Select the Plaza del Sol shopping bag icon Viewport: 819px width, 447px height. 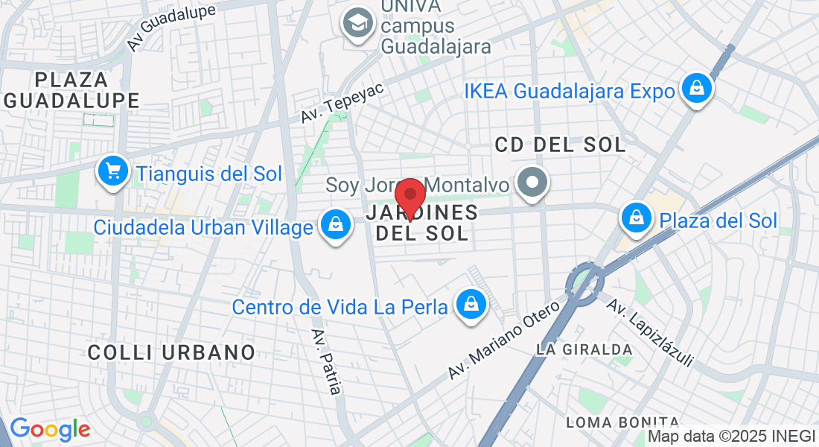(x=637, y=218)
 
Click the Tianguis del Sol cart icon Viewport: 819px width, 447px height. (x=113, y=173)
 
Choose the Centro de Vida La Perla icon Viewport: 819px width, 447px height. (x=471, y=304)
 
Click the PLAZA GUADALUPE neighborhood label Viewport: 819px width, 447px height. (x=71, y=89)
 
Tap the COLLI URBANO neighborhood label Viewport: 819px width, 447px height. (x=171, y=352)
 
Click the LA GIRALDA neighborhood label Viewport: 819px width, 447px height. (x=584, y=349)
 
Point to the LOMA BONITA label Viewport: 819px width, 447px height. (x=622, y=422)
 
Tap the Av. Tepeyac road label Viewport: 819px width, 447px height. (x=342, y=103)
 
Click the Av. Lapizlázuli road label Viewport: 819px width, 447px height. (x=650, y=332)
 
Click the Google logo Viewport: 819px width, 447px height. (x=50, y=429)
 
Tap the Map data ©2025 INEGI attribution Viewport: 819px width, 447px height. (x=732, y=437)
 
